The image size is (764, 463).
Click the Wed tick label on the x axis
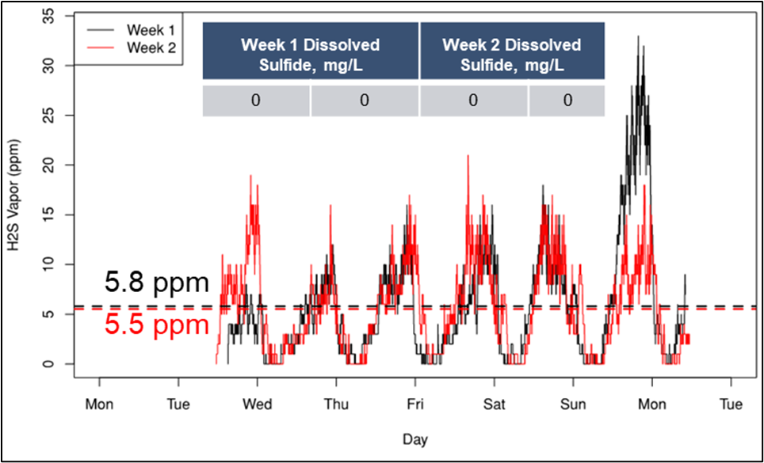pos(257,405)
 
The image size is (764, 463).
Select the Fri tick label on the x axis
pos(415,405)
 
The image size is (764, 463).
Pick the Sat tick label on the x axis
pos(494,405)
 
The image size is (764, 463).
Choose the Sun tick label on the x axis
pos(573,405)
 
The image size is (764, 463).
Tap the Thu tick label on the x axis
pos(336,405)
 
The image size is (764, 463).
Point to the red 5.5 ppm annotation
pos(156,324)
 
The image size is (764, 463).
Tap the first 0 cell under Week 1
pos(256,101)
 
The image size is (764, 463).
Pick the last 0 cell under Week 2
pos(567,101)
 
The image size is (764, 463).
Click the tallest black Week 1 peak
pos(638,36)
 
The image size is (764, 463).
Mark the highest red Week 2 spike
pos(468,156)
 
